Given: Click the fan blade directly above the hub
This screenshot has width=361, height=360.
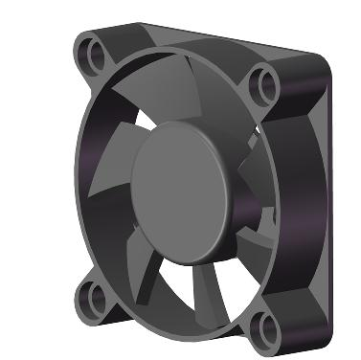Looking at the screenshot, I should pos(182,105).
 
